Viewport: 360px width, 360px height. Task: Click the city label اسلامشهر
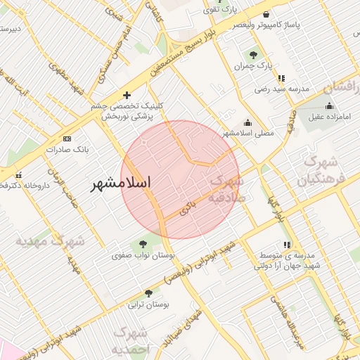click(122, 182)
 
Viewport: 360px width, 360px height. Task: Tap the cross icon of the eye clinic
click(127, 95)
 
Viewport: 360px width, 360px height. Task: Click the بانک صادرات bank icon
click(67, 139)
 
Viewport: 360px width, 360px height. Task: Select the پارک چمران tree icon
click(252, 55)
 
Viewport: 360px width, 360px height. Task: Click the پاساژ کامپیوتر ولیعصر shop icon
click(265, 14)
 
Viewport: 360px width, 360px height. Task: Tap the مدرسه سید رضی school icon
click(281, 79)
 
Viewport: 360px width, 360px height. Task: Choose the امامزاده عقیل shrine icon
click(329, 105)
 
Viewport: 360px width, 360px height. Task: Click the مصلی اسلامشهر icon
click(247, 122)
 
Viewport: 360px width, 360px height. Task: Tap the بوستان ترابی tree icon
click(148, 294)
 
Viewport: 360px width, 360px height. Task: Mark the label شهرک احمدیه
click(131, 340)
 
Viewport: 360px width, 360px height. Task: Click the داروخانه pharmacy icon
click(18, 174)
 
